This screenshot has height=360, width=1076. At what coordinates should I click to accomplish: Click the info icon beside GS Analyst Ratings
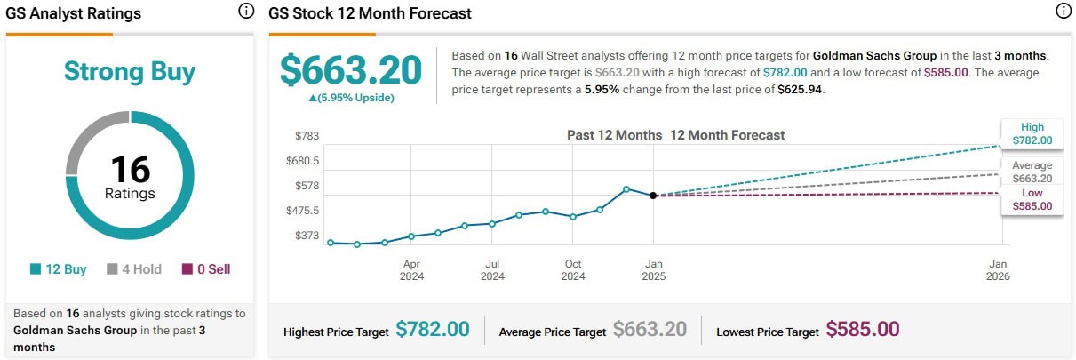point(246,12)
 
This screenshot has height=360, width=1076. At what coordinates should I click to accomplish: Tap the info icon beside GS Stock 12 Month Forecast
point(1064,12)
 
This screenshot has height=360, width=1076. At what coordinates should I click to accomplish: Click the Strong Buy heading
point(130,71)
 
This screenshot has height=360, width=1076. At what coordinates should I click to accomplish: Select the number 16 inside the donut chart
point(130,169)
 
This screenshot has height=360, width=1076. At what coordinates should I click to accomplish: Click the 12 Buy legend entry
point(58,268)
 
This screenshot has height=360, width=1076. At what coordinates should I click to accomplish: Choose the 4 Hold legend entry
point(134,268)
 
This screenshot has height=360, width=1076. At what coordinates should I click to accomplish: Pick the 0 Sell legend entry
point(205,268)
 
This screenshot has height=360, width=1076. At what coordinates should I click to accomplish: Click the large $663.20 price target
point(350,69)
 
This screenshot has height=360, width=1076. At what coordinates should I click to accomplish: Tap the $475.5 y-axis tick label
point(301,211)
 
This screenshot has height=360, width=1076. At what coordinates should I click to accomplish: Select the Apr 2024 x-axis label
point(411,269)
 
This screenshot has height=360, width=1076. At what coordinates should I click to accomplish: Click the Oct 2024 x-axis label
point(573,269)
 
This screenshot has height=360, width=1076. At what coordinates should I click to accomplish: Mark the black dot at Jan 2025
point(653,196)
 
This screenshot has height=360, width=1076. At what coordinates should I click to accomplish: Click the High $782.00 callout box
point(1032,133)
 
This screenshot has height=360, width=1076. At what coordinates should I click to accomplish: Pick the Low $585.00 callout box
point(1032,199)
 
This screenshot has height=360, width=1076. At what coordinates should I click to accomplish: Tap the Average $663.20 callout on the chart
point(1032,172)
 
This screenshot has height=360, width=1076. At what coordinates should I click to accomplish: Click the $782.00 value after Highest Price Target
point(432,330)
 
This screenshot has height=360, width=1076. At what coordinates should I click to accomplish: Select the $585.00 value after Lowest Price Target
point(863,330)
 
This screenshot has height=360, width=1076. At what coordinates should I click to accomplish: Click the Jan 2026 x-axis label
point(998,269)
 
